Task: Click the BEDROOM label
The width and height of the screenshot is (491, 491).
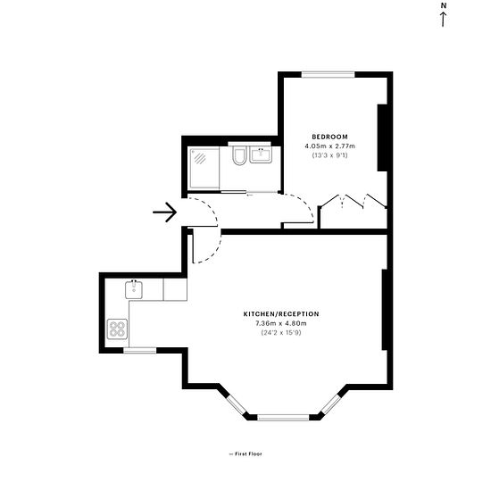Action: pos(329,137)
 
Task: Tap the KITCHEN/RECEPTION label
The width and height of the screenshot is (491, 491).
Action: pos(281,314)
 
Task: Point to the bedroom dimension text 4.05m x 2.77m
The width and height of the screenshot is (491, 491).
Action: pos(329,146)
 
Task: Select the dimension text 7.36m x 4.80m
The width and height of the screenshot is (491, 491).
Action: pos(281,323)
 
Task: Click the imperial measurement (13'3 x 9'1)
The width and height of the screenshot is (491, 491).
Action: pos(329,155)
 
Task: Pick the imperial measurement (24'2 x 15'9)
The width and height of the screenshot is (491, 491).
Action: pos(281,333)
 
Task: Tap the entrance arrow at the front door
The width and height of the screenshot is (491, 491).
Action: pos(165,212)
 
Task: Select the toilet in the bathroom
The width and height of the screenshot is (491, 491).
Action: pos(239,155)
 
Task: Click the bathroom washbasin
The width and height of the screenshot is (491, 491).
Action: pos(261,154)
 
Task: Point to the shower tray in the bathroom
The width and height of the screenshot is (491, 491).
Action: pos(204,169)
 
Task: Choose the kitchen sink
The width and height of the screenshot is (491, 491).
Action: pos(134,289)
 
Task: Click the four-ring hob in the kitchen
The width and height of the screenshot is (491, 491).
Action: pos(118,329)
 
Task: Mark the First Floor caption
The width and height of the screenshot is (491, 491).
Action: pos(245,454)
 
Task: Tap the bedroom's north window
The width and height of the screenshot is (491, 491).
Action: pos(329,74)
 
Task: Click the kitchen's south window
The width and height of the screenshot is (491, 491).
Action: pos(140,351)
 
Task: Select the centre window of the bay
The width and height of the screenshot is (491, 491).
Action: pos(283,418)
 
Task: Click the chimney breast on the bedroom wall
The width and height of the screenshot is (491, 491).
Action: pos(382,137)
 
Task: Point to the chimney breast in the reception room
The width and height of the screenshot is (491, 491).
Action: pos(385,310)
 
